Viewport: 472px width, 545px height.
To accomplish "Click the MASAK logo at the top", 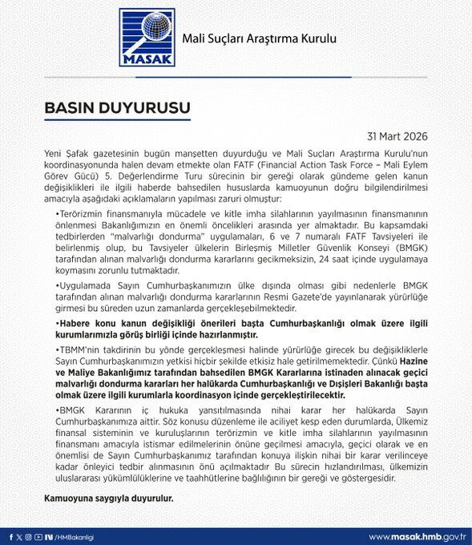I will (x=146, y=38).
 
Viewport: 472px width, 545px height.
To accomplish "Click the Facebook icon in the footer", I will (x=11, y=536).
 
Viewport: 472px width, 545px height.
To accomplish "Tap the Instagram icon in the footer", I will (x=30, y=536).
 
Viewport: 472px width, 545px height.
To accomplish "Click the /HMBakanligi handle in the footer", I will (x=74, y=536).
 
